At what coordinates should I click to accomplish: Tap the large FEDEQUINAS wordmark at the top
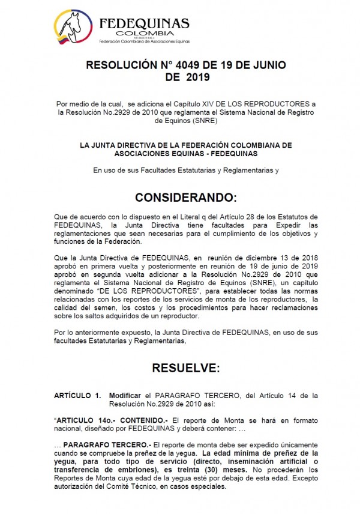pos(143,23)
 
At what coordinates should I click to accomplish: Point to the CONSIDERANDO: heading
pos(186,198)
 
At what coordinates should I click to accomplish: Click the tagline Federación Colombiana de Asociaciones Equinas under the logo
pos(142,43)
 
